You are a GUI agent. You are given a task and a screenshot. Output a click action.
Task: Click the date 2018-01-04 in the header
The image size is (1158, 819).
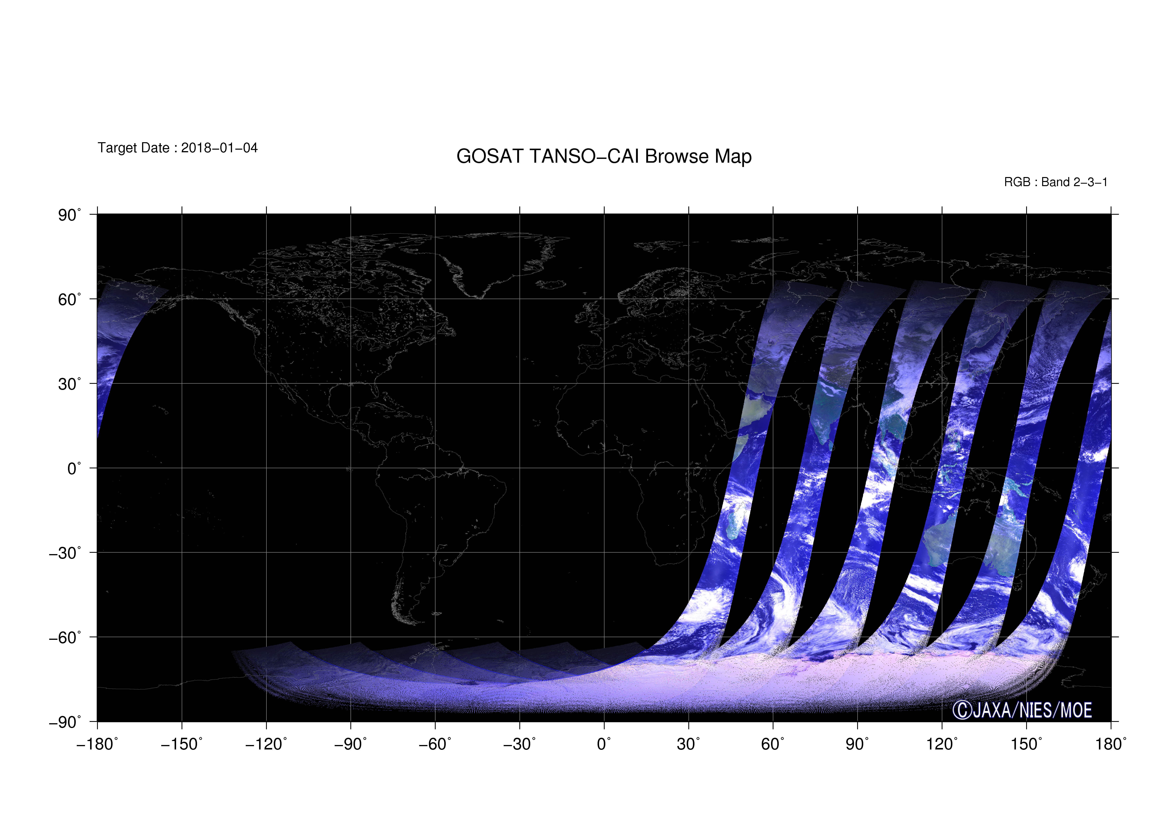(x=219, y=148)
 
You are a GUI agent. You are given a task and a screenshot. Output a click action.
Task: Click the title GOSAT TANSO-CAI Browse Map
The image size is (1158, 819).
(x=604, y=156)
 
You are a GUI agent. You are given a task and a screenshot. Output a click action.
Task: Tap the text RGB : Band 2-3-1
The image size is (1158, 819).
(x=1056, y=182)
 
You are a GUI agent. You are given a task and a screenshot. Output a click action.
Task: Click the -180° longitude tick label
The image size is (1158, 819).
(x=97, y=744)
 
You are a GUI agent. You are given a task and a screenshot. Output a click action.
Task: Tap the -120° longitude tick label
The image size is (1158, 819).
(x=266, y=744)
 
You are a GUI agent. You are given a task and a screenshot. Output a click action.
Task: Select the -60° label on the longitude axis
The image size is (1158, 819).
(x=435, y=744)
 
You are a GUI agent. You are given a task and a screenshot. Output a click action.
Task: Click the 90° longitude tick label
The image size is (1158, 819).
(x=857, y=744)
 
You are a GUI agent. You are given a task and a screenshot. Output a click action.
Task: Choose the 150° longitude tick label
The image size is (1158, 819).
(x=1026, y=744)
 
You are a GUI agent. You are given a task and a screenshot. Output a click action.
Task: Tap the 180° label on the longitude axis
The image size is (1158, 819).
(x=1111, y=744)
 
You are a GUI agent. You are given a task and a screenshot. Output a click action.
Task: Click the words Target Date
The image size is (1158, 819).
(x=133, y=148)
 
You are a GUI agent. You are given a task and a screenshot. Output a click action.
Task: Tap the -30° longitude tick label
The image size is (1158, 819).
(x=520, y=744)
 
